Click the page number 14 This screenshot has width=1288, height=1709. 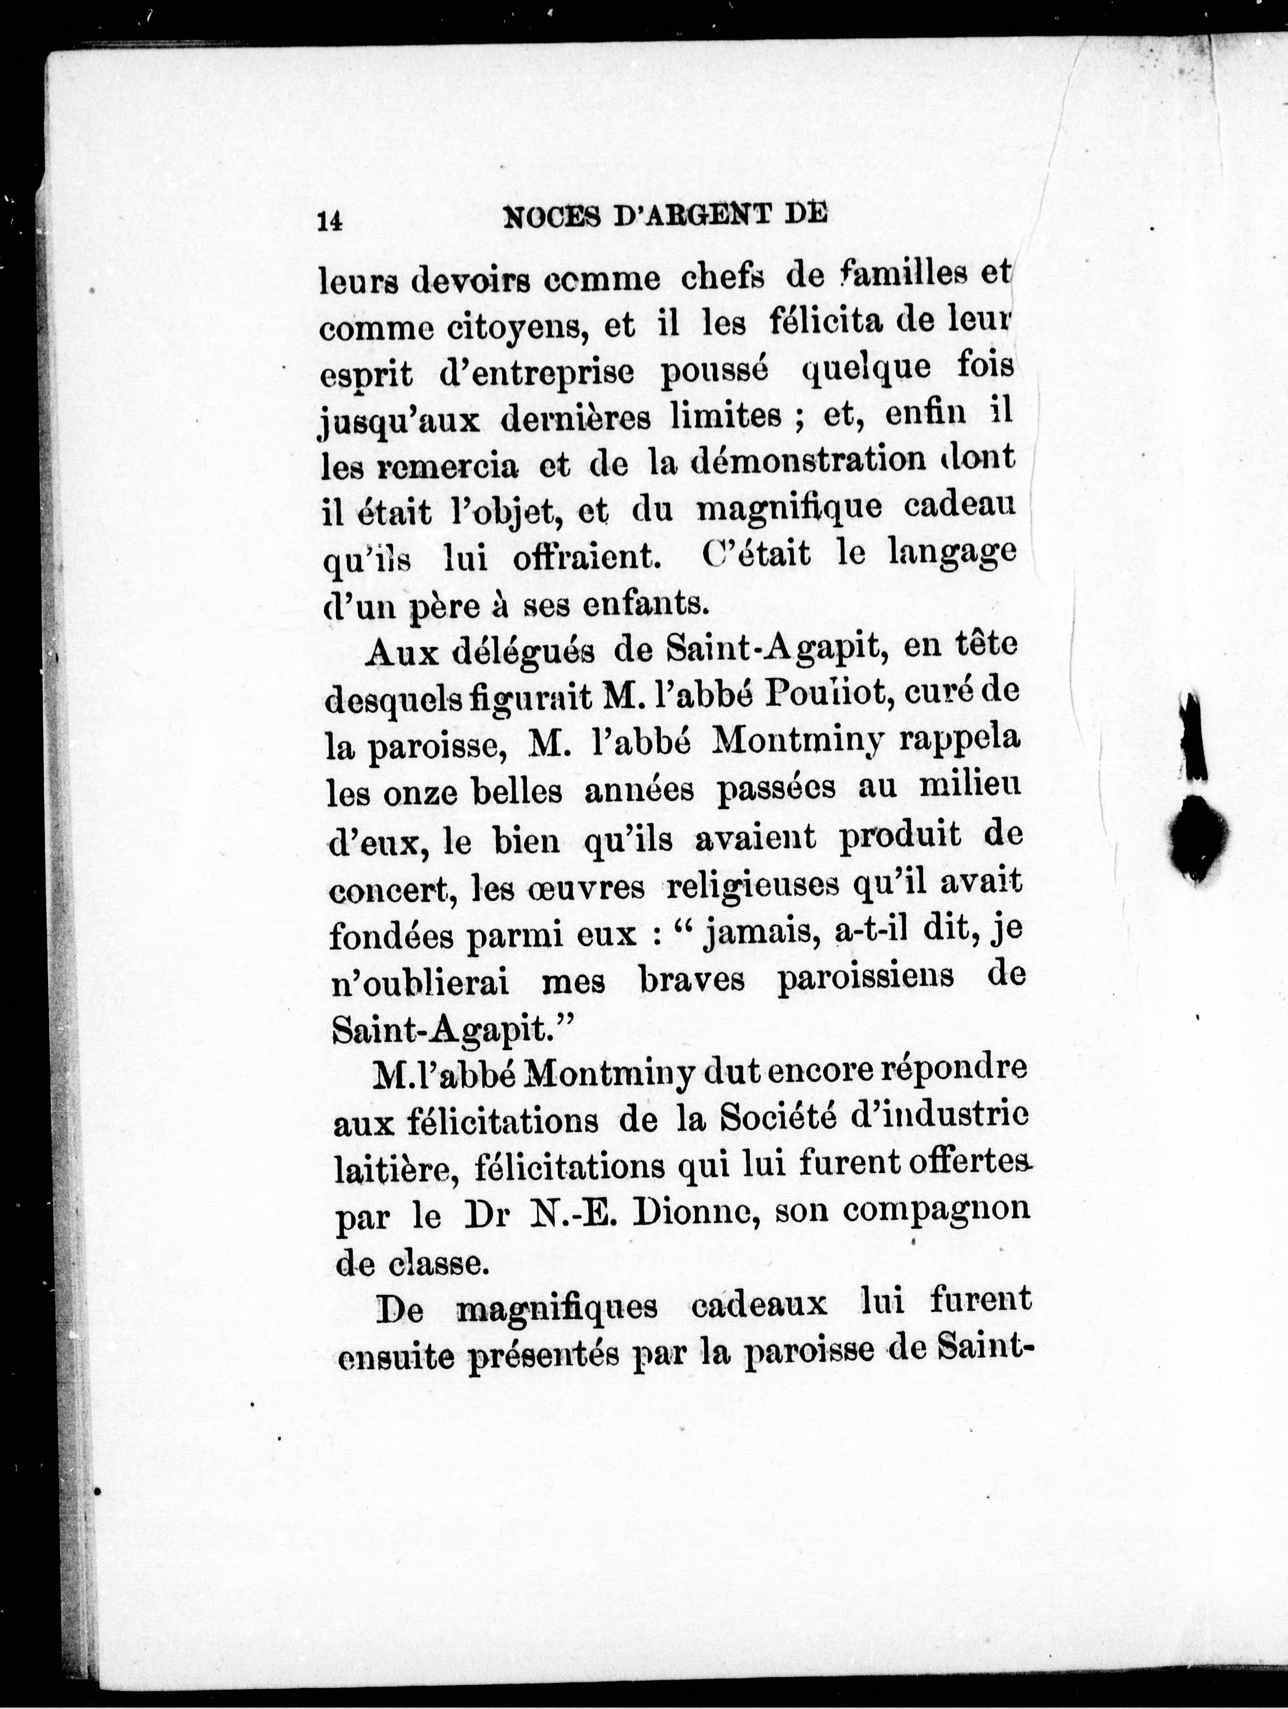coord(329,221)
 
